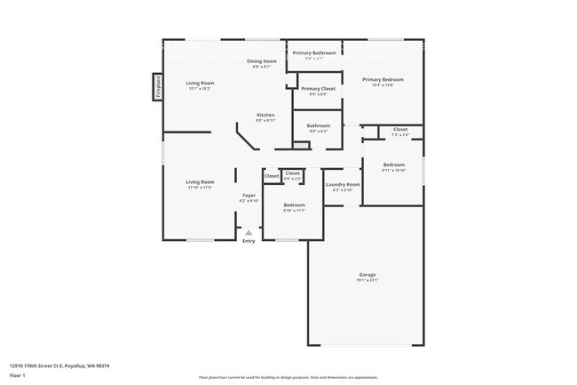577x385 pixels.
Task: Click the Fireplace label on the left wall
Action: pyautogui.click(x=155, y=87)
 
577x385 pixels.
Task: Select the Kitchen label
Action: pyautogui.click(x=265, y=115)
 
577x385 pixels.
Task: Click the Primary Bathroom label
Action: pyautogui.click(x=314, y=52)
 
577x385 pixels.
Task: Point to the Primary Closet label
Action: pyautogui.click(x=318, y=88)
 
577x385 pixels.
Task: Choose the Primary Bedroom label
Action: pyautogui.click(x=383, y=79)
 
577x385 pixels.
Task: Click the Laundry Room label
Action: pyautogui.click(x=342, y=184)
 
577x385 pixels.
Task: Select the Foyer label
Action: pyautogui.click(x=249, y=195)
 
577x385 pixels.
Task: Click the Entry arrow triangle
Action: pyautogui.click(x=249, y=233)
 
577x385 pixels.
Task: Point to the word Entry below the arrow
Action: pyautogui.click(x=249, y=241)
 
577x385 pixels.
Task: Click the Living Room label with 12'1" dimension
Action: pyautogui.click(x=200, y=83)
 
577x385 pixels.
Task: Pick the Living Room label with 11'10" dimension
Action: pyautogui.click(x=200, y=181)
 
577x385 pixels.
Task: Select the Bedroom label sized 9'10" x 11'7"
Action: pyautogui.click(x=294, y=205)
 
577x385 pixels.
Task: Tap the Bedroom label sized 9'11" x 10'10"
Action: pyautogui.click(x=393, y=164)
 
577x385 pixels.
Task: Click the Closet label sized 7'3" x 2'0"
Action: pyautogui.click(x=400, y=130)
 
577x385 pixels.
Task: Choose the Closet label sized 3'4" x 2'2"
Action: pyautogui.click(x=292, y=172)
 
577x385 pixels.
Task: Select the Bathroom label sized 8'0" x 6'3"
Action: pyautogui.click(x=318, y=125)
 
